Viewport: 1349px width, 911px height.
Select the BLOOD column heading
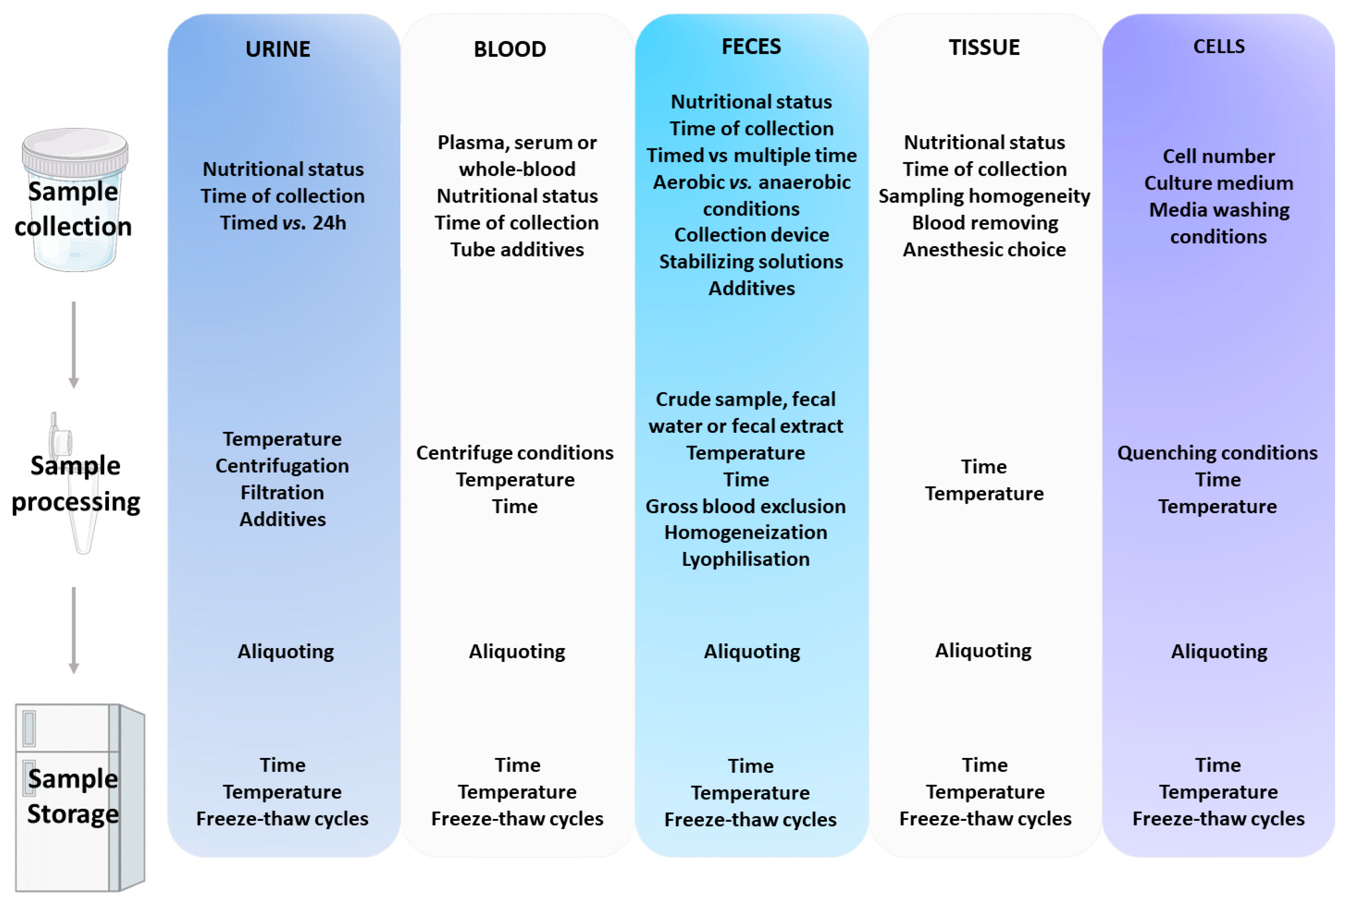click(510, 49)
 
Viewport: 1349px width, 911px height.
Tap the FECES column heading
click(751, 47)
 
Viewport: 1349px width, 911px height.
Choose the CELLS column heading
click(1219, 47)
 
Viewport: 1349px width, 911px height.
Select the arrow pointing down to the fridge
click(74, 630)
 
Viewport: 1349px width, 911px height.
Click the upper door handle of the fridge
click(29, 728)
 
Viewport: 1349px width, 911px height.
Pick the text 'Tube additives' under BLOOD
click(516, 249)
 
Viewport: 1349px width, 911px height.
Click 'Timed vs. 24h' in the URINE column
click(283, 223)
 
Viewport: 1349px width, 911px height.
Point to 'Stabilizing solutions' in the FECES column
click(751, 262)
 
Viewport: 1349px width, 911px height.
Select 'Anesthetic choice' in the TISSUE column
click(984, 249)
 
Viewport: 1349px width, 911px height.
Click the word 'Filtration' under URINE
click(282, 493)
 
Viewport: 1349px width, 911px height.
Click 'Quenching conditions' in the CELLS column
click(1217, 453)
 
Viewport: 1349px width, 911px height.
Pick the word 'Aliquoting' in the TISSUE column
click(983, 650)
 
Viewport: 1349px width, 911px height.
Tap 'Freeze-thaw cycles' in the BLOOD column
click(516, 819)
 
